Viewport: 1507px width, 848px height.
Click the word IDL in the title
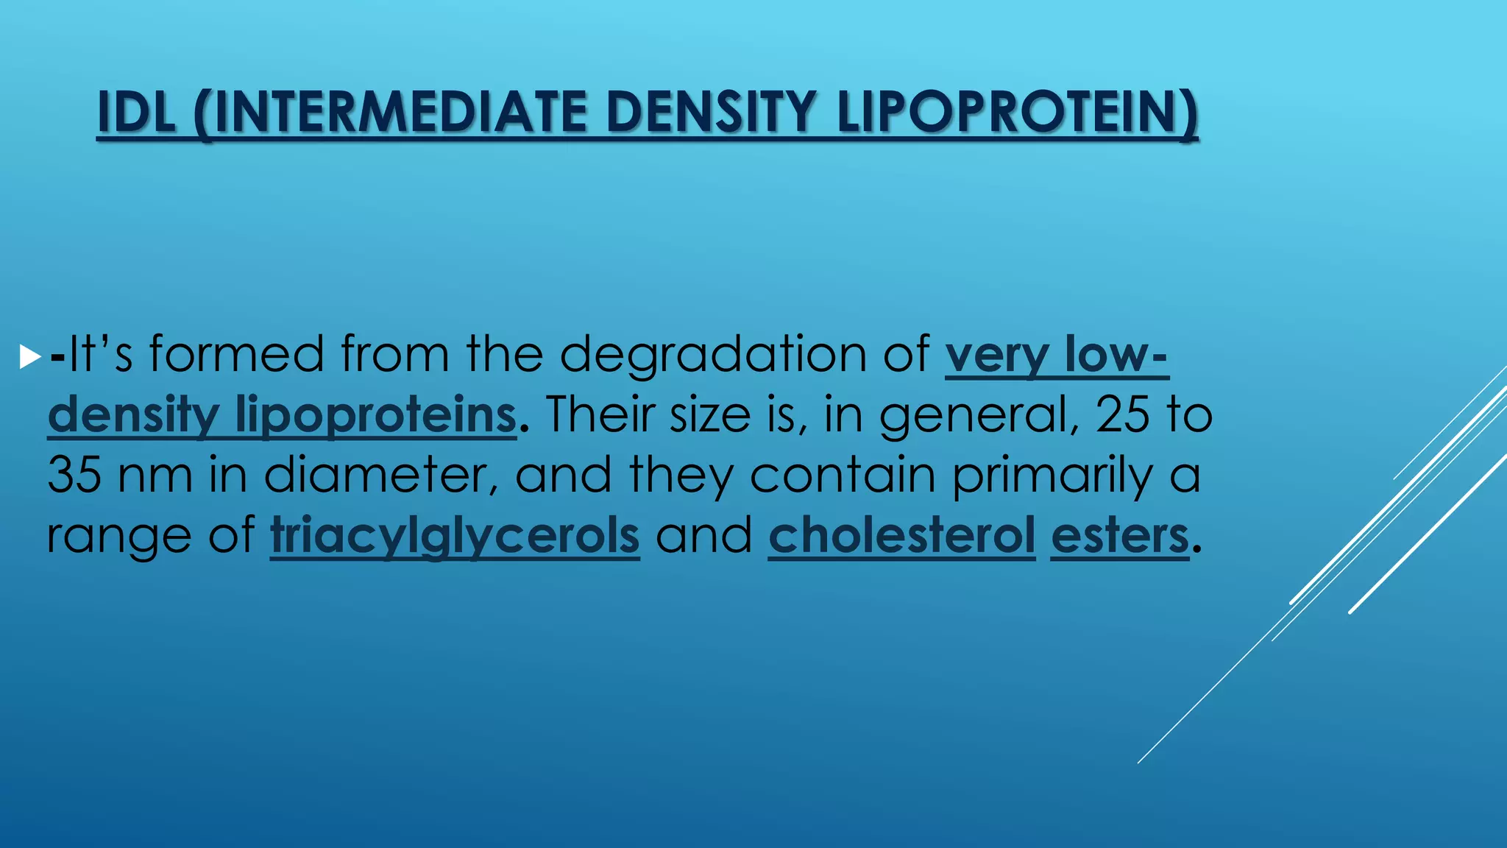tap(137, 112)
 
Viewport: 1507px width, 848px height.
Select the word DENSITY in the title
tap(712, 112)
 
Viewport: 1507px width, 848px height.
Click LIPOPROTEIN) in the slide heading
tap(1018, 112)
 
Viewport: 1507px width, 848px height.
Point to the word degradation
tap(712, 354)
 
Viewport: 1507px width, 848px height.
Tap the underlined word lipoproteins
tap(375, 415)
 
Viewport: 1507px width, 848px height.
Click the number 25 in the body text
tap(1122, 414)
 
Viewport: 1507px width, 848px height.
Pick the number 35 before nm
tap(74, 475)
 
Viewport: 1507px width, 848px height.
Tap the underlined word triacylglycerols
tap(455, 536)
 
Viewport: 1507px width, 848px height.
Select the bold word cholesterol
tap(902, 535)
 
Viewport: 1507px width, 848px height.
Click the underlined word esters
tap(1119, 536)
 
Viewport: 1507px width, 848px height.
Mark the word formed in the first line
tap(236, 354)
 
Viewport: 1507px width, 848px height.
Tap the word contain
tap(843, 475)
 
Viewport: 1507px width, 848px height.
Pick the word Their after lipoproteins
tap(600, 414)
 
